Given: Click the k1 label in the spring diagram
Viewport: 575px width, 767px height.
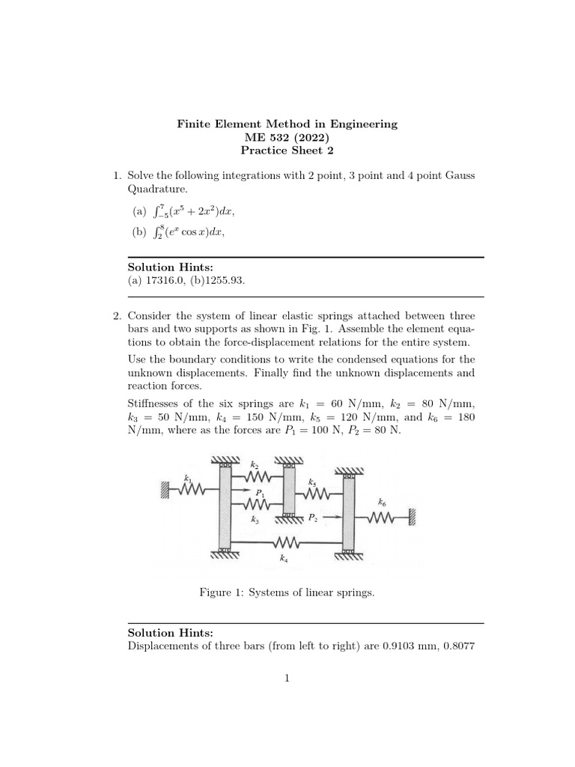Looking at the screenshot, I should point(187,476).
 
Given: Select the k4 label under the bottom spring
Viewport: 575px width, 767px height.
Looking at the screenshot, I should point(283,558).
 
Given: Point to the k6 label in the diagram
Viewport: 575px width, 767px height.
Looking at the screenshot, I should point(383,501).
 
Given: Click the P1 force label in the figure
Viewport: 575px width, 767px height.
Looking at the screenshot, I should point(260,493).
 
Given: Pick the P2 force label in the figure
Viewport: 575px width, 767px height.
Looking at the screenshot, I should point(314,517).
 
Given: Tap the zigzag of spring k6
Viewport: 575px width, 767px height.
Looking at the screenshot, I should point(382,517).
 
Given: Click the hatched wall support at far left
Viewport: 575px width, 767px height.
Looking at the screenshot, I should point(163,490).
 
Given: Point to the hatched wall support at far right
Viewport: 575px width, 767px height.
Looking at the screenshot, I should point(413,517).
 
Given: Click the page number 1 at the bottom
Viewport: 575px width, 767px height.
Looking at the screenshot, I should point(287,679).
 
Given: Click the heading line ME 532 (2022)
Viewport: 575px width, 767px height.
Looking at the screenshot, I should point(287,137).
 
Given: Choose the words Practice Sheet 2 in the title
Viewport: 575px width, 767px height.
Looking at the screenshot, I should point(287,150).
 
